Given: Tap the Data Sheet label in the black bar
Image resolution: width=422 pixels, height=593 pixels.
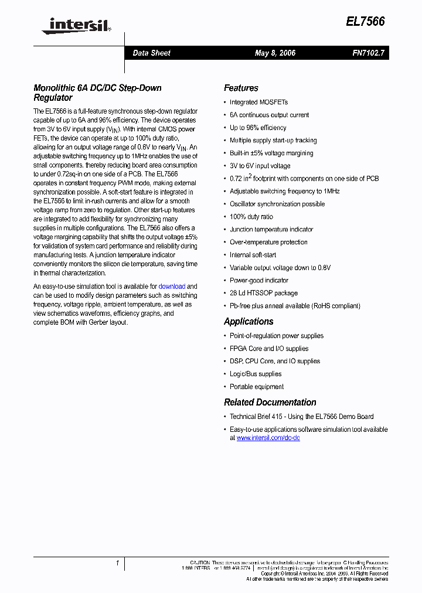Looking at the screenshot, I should point(151,53).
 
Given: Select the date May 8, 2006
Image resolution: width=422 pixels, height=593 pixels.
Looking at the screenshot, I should point(275,53).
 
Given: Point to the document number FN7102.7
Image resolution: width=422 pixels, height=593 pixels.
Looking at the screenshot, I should point(368,53).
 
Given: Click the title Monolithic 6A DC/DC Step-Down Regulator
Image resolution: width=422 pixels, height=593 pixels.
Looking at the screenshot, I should point(97,93).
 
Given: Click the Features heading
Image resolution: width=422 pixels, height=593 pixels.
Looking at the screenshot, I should point(241,88).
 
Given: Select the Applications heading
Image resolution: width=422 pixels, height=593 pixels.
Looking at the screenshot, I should point(249,322).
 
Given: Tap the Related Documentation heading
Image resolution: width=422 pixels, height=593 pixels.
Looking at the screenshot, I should point(270,403).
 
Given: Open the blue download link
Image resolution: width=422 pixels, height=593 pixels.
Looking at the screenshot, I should point(172,287).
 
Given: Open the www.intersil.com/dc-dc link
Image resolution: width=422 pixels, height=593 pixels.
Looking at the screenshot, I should point(268,438).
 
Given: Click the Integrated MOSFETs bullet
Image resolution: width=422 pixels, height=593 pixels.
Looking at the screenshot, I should point(258,103).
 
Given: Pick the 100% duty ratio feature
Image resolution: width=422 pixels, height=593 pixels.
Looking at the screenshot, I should point(251,217).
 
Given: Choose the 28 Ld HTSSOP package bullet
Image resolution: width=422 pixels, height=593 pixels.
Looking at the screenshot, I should point(263,293).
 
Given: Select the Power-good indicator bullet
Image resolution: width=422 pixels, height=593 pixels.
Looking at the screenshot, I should point(259,281).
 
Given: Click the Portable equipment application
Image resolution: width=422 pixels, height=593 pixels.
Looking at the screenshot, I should point(256,387).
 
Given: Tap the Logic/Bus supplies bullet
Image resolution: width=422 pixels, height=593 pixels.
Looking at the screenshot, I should point(255,374).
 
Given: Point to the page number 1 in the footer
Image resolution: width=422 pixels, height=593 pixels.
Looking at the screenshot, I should point(117,564).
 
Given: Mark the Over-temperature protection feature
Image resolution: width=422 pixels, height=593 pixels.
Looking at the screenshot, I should point(268,242).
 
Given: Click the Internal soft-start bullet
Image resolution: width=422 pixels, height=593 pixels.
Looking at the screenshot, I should point(253,255).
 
